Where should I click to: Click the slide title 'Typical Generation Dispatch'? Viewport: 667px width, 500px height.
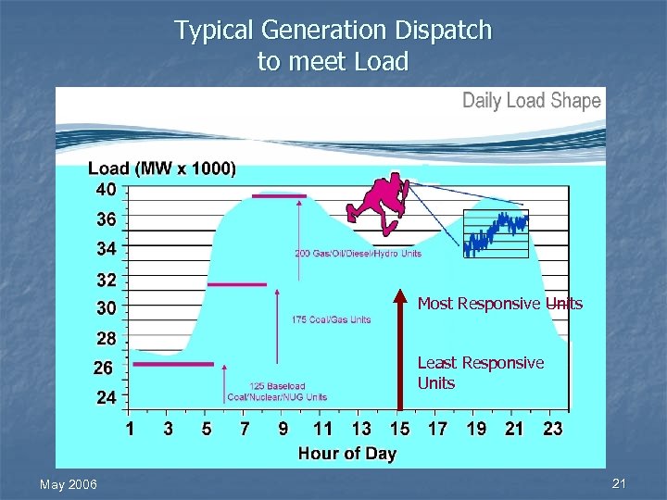(333, 31)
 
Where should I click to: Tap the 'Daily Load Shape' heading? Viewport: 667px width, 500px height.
(532, 101)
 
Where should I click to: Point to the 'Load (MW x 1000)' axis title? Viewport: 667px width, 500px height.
(161, 169)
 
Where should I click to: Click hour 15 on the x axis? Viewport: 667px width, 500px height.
(399, 429)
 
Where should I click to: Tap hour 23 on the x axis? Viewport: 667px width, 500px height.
(553, 429)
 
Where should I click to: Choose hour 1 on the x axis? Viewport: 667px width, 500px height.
(130, 429)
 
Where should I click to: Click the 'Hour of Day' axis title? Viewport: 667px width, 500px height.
(346, 453)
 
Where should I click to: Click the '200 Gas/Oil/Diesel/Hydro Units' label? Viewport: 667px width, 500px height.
(358, 254)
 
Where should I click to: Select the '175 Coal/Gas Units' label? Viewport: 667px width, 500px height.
(331, 319)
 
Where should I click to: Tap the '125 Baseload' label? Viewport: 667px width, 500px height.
(277, 386)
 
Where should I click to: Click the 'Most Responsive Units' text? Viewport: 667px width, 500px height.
(500, 304)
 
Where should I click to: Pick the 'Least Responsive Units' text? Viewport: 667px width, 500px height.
(480, 372)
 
